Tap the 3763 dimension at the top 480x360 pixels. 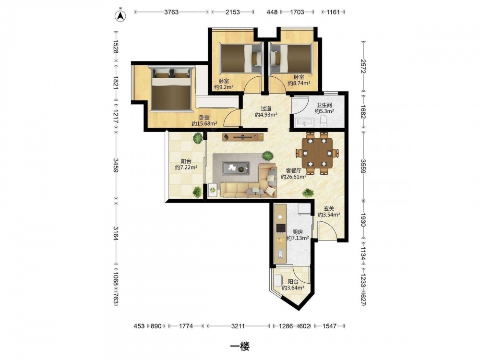click(x=171, y=12)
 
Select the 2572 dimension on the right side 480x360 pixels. click(x=363, y=66)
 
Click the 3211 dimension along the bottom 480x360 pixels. click(x=238, y=326)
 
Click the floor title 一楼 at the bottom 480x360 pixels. click(x=240, y=347)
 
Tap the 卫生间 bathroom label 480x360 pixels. click(x=324, y=105)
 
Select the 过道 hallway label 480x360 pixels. click(x=266, y=108)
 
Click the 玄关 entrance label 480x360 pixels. click(x=329, y=208)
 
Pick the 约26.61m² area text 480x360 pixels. click(x=294, y=177)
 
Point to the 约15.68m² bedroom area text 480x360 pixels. click(x=204, y=124)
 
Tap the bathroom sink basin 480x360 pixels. click(x=304, y=123)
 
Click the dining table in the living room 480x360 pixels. click(x=317, y=153)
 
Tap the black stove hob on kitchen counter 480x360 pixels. click(x=280, y=228)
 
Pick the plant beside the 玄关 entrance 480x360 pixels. click(x=308, y=193)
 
